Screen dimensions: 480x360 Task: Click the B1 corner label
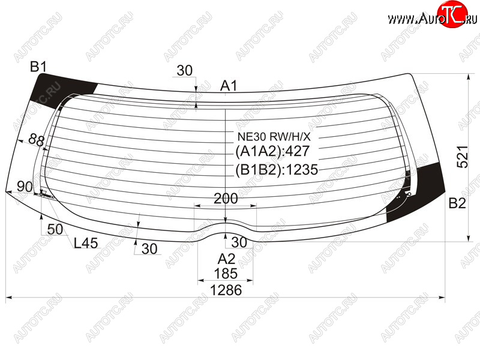[x=38, y=67]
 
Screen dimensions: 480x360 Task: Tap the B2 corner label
[x=457, y=203]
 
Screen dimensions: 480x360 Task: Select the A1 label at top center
[x=229, y=86]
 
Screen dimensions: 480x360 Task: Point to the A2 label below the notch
[x=226, y=259]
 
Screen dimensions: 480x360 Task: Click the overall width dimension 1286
[x=226, y=290]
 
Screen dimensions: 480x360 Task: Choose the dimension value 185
[x=226, y=274]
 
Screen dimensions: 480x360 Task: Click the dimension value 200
[x=226, y=199]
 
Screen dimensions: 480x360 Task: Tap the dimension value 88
[x=37, y=140]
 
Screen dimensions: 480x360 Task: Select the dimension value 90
[x=25, y=186]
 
